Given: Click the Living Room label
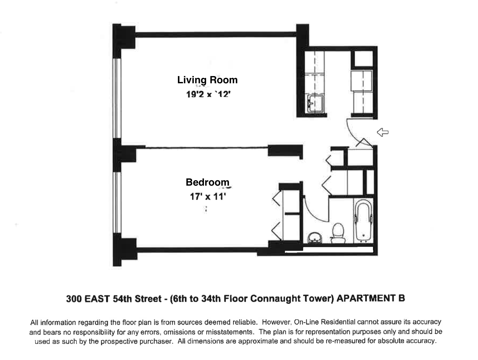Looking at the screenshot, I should (x=207, y=80).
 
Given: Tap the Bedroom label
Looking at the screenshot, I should (x=207, y=182).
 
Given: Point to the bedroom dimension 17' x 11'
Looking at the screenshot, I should (x=208, y=197).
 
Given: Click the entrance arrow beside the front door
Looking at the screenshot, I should (x=382, y=132).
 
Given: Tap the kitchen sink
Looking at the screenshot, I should (x=314, y=103).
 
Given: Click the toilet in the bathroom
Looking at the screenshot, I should (x=338, y=233).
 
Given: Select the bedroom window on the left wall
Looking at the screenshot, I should (x=117, y=203).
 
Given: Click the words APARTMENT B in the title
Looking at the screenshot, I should (x=371, y=298).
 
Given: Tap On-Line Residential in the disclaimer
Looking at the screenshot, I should (x=325, y=322).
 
